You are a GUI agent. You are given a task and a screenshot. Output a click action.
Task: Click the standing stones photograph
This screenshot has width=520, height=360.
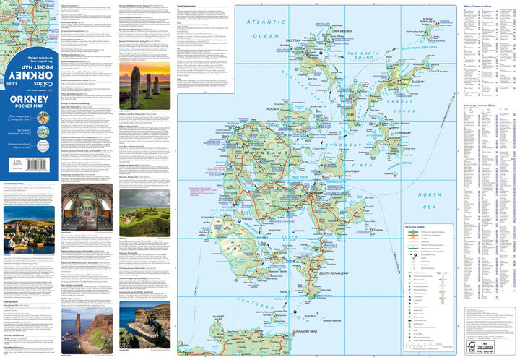pos(145,85)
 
